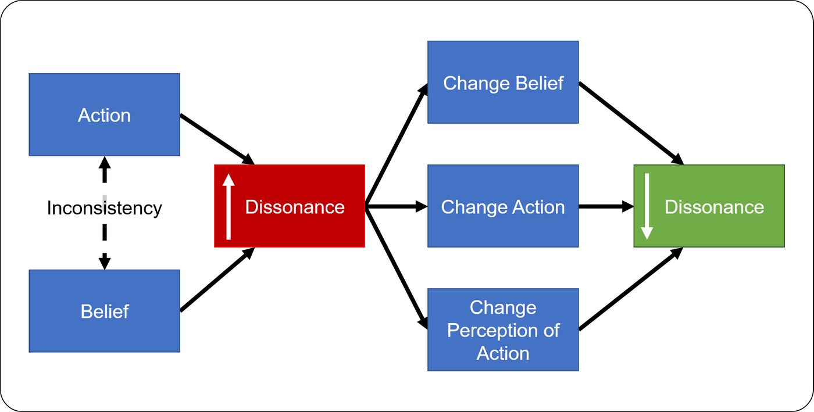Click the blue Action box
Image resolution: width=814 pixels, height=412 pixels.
coord(104,115)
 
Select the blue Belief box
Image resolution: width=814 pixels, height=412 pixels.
coord(104,311)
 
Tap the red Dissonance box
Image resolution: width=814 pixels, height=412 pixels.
coord(290,206)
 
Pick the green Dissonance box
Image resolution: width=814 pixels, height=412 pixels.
coord(709,206)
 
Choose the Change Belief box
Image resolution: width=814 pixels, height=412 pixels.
coord(503,82)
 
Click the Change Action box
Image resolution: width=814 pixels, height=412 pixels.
coord(503,206)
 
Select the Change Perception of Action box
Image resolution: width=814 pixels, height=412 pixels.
coord(503,330)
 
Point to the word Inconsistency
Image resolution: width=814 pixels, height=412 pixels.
coord(104,208)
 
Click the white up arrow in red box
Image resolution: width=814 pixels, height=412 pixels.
coord(229,206)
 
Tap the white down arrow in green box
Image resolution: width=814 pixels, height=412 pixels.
coord(647,206)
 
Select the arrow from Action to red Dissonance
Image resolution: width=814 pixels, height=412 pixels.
coord(217,139)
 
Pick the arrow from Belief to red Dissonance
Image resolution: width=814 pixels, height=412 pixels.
coord(217,280)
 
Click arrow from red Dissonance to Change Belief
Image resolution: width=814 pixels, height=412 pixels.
coord(397,145)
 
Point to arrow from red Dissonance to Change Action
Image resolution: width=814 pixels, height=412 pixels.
coord(397,206)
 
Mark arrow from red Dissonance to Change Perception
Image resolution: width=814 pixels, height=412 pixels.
coord(397,268)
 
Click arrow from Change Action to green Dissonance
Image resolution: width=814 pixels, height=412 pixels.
coord(606,206)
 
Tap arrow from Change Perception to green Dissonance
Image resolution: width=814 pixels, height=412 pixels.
coord(631,289)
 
